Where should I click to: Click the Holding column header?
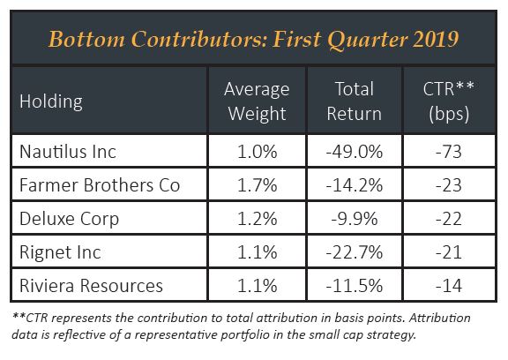[x=51, y=101]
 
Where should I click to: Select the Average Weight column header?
[x=257, y=101]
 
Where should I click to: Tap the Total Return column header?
[x=355, y=101]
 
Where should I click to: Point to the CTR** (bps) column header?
[x=449, y=101]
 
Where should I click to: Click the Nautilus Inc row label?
[x=68, y=152]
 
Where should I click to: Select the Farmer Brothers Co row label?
[x=100, y=185]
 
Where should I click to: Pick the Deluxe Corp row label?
[x=69, y=220]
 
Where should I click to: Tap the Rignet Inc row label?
[x=60, y=252]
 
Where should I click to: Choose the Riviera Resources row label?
[x=91, y=286]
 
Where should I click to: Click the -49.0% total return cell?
[x=355, y=152]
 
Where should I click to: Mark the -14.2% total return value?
[x=355, y=185]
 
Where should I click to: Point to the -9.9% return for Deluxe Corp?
[x=355, y=219]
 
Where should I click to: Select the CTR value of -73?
[x=449, y=152]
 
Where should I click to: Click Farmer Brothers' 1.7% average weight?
[x=258, y=185]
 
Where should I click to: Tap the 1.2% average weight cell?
[x=258, y=219]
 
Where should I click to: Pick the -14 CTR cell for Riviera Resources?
[x=449, y=286]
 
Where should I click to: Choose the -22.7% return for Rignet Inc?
[x=355, y=252]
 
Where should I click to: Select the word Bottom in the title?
[x=86, y=39]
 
